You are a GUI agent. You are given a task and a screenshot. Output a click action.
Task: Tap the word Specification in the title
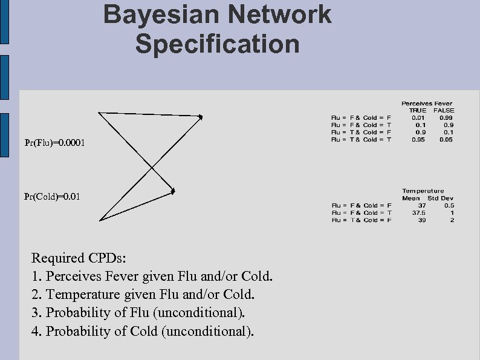tap(217, 44)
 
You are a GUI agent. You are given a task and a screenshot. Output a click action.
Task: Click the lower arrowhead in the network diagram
tap(172, 191)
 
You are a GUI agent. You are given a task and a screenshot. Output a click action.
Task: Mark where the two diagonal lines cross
tap(151, 166)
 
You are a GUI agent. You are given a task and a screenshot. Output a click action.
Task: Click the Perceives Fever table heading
tap(427, 103)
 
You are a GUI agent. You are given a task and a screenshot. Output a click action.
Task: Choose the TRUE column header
tap(418, 111)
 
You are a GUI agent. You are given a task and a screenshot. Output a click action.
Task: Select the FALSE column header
tap(444, 111)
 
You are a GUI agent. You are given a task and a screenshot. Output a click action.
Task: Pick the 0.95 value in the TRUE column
tap(418, 140)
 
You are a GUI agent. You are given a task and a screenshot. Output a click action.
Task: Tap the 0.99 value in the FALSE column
tap(447, 118)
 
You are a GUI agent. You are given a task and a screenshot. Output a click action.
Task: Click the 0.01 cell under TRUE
tap(418, 118)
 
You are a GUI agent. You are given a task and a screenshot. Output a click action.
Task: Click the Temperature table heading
tap(423, 191)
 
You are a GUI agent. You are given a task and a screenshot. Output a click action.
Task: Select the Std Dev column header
tap(441, 198)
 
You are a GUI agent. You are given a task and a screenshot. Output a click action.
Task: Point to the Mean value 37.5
tap(418, 213)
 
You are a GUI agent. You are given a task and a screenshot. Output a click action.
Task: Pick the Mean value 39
tap(421, 220)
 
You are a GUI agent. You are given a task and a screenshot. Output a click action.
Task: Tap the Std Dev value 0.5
tap(449, 206)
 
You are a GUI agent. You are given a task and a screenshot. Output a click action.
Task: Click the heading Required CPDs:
tap(79, 258)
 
